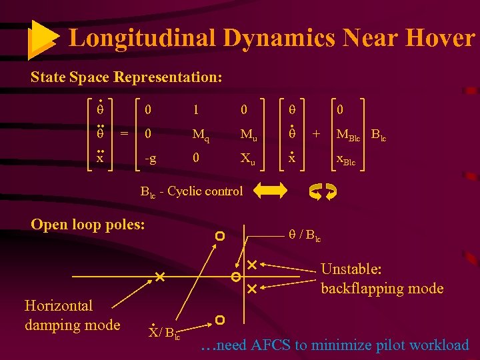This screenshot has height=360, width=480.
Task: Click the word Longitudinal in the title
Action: coord(142,38)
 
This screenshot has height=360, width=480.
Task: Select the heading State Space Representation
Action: coord(126,77)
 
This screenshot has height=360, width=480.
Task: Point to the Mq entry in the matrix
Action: coord(200,136)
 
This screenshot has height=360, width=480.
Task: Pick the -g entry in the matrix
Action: coord(151,160)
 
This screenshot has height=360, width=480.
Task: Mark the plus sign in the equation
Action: coord(317,134)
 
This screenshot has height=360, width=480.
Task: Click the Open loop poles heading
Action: coord(87,224)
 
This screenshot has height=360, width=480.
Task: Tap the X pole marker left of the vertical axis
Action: coord(159,276)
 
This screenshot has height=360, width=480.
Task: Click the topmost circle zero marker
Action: coord(219,236)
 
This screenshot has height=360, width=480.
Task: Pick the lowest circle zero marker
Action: coord(219,320)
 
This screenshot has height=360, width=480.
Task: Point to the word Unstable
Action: coord(351,269)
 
